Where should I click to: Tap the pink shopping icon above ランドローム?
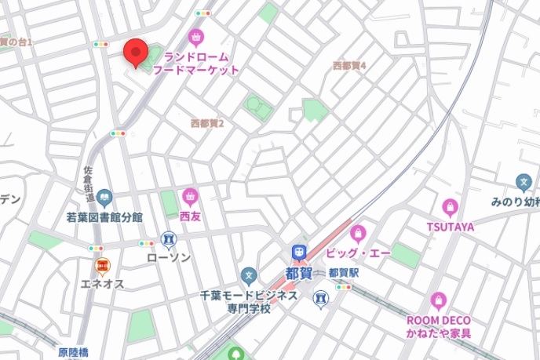pyautogui.click(x=195, y=36)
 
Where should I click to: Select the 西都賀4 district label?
pyautogui.click(x=349, y=66)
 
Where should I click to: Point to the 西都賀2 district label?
pyautogui.click(x=207, y=123)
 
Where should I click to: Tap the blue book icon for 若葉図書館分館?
pyautogui.click(x=104, y=198)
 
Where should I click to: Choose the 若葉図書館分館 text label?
pyautogui.click(x=104, y=216)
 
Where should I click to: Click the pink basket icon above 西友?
pyautogui.click(x=189, y=196)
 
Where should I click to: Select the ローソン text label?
pyautogui.click(x=169, y=256)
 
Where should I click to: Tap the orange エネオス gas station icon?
pyautogui.click(x=102, y=267)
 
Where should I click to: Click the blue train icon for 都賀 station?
pyautogui.click(x=299, y=253)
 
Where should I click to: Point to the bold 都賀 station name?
pyautogui.click(x=299, y=274)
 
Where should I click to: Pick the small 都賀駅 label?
pyautogui.click(x=343, y=273)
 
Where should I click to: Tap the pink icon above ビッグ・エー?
pyautogui.click(x=359, y=233)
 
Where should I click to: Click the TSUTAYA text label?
pyautogui.click(x=451, y=227)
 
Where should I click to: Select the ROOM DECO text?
pyautogui.click(x=438, y=320)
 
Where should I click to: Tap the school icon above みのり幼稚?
pyautogui.click(x=524, y=183)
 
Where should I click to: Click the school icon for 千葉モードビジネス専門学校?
pyautogui.click(x=249, y=275)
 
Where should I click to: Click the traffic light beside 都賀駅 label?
pyautogui.click(x=343, y=287)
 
